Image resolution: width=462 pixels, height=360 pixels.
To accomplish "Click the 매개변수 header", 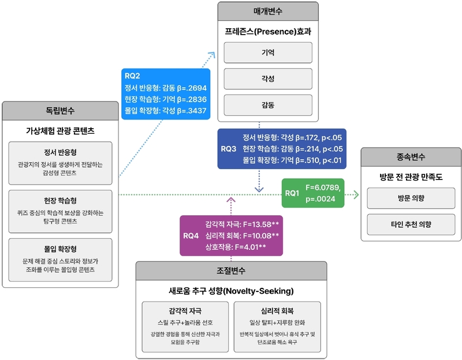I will (268, 11).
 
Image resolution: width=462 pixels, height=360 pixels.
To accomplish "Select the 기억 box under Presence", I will (268, 52).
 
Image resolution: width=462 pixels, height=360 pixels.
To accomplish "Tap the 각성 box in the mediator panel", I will (268, 79).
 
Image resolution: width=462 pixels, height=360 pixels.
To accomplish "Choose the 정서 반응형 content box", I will (61, 163).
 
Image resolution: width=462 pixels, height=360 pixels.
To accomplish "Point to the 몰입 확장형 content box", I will (61, 259).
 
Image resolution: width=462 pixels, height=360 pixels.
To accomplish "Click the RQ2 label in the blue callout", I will (132, 76).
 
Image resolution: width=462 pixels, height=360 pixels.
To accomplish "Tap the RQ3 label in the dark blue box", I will (229, 148).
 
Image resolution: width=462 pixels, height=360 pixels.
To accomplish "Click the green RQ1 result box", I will (313, 193).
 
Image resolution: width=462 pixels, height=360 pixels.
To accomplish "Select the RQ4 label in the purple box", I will (191, 235).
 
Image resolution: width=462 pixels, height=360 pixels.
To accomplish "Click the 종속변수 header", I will (411, 156).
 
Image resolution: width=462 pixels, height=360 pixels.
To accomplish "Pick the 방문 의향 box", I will (411, 198).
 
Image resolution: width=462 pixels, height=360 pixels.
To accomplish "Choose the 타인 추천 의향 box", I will (411, 224).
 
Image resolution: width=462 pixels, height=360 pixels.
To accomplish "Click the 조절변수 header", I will (231, 271).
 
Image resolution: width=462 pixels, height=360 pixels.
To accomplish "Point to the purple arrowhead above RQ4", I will (232, 200).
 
